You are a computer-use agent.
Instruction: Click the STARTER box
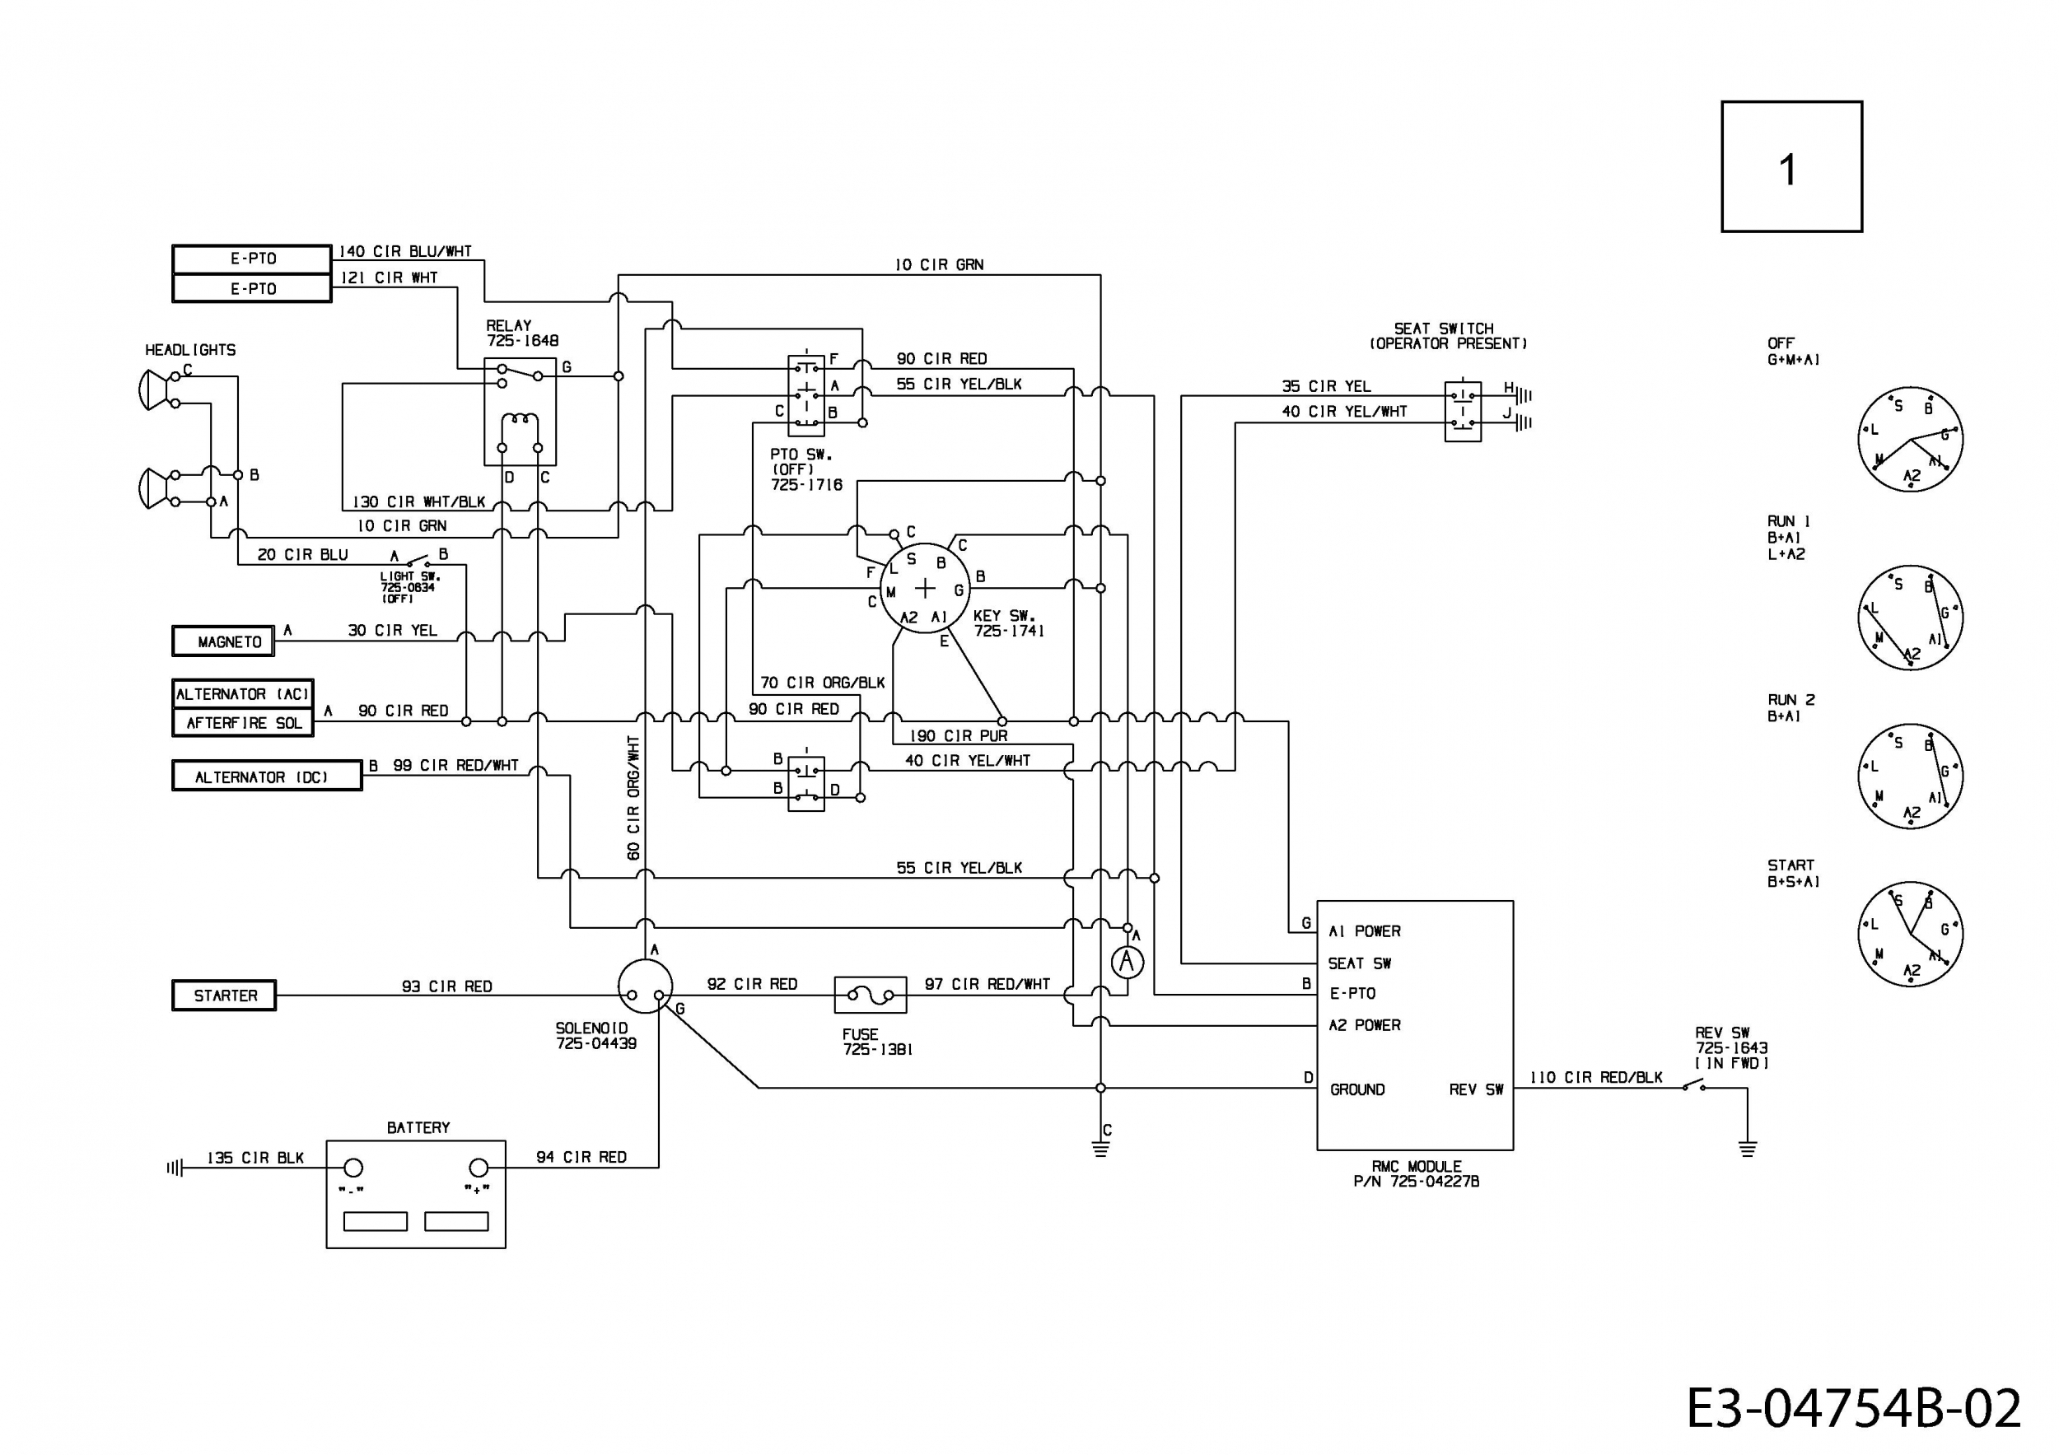pos(224,995)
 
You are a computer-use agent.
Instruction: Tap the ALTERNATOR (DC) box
pos(267,776)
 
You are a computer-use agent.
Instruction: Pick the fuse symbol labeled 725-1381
pos(870,994)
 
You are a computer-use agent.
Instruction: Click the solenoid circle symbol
pos(645,986)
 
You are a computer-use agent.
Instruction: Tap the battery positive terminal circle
pos(479,1168)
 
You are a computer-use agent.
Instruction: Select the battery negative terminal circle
pos(354,1168)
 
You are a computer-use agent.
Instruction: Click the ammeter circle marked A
pos(1128,963)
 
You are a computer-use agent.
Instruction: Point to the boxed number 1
pos(1792,167)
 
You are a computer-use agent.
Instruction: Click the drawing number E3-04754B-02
pos(1855,1408)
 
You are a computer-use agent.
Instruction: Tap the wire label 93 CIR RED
pos(446,986)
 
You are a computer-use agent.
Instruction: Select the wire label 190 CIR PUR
pos(959,736)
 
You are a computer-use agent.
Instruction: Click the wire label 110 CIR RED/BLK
pos(1596,1077)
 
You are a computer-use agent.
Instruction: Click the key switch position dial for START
pos(1910,934)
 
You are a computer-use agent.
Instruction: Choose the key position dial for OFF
pos(1910,439)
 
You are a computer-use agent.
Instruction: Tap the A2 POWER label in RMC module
pos(1364,1024)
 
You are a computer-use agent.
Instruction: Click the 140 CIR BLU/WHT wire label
pos(404,252)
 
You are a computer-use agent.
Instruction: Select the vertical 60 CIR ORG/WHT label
pos(633,798)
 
